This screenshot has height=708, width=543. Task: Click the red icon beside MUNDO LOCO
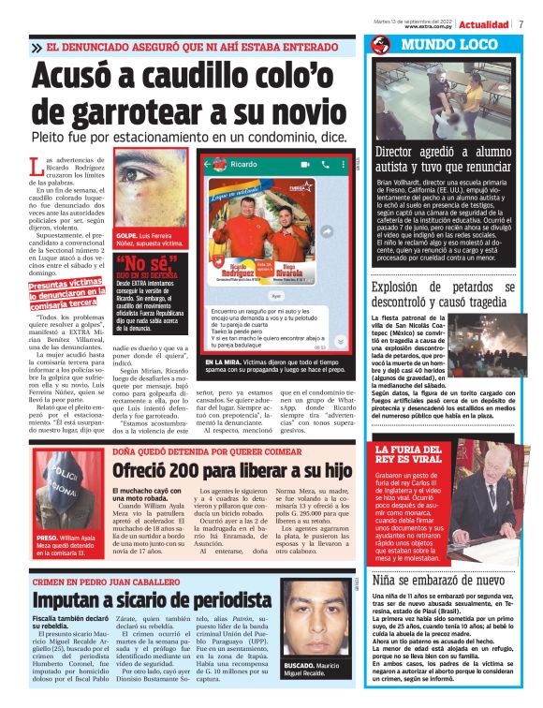380,44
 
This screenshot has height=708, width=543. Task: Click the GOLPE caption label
125,234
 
